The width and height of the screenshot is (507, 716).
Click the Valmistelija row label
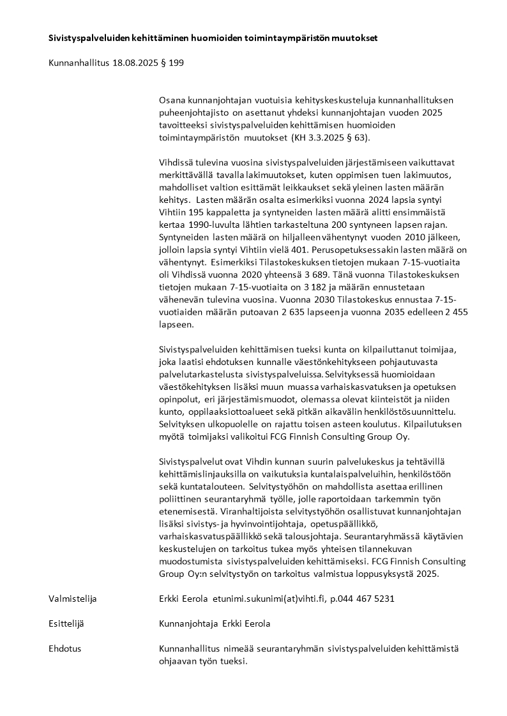(x=73, y=599)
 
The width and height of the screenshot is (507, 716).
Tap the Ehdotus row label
(x=65, y=649)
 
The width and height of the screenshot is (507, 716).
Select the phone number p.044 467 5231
(x=362, y=599)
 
